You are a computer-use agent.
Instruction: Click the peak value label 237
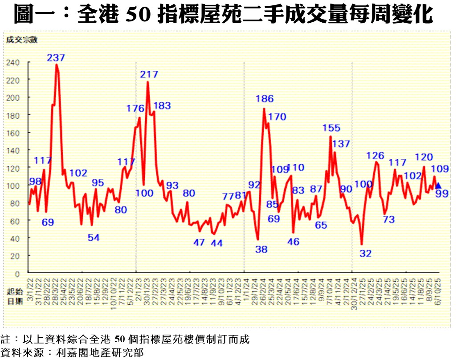coord(56,58)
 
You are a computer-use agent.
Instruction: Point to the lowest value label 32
coord(365,254)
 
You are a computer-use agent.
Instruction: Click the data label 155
coord(331,128)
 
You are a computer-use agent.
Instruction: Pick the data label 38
coord(261,250)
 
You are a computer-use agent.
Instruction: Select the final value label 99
coord(442,193)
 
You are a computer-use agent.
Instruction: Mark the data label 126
coord(375,156)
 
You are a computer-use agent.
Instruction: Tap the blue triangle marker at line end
coord(438,186)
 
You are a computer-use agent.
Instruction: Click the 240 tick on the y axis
coord(13,63)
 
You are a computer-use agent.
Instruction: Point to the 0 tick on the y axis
coord(17,273)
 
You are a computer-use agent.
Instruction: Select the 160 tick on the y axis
coord(13,133)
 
